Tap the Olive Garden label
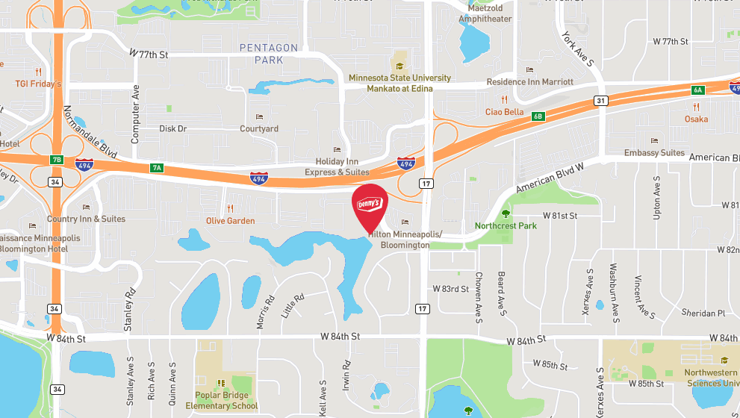coord(231,221)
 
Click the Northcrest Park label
coord(506,225)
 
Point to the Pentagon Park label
coord(269,54)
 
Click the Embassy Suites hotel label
coord(655,153)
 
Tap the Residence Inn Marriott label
coord(529,81)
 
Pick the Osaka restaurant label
coord(696,119)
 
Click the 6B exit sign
coord(538,116)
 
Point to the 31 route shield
coord(600,100)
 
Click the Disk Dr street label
coord(173,128)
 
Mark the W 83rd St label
coord(451,288)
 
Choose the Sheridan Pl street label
coord(702,313)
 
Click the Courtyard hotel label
coord(259,128)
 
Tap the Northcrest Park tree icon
coord(506,214)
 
